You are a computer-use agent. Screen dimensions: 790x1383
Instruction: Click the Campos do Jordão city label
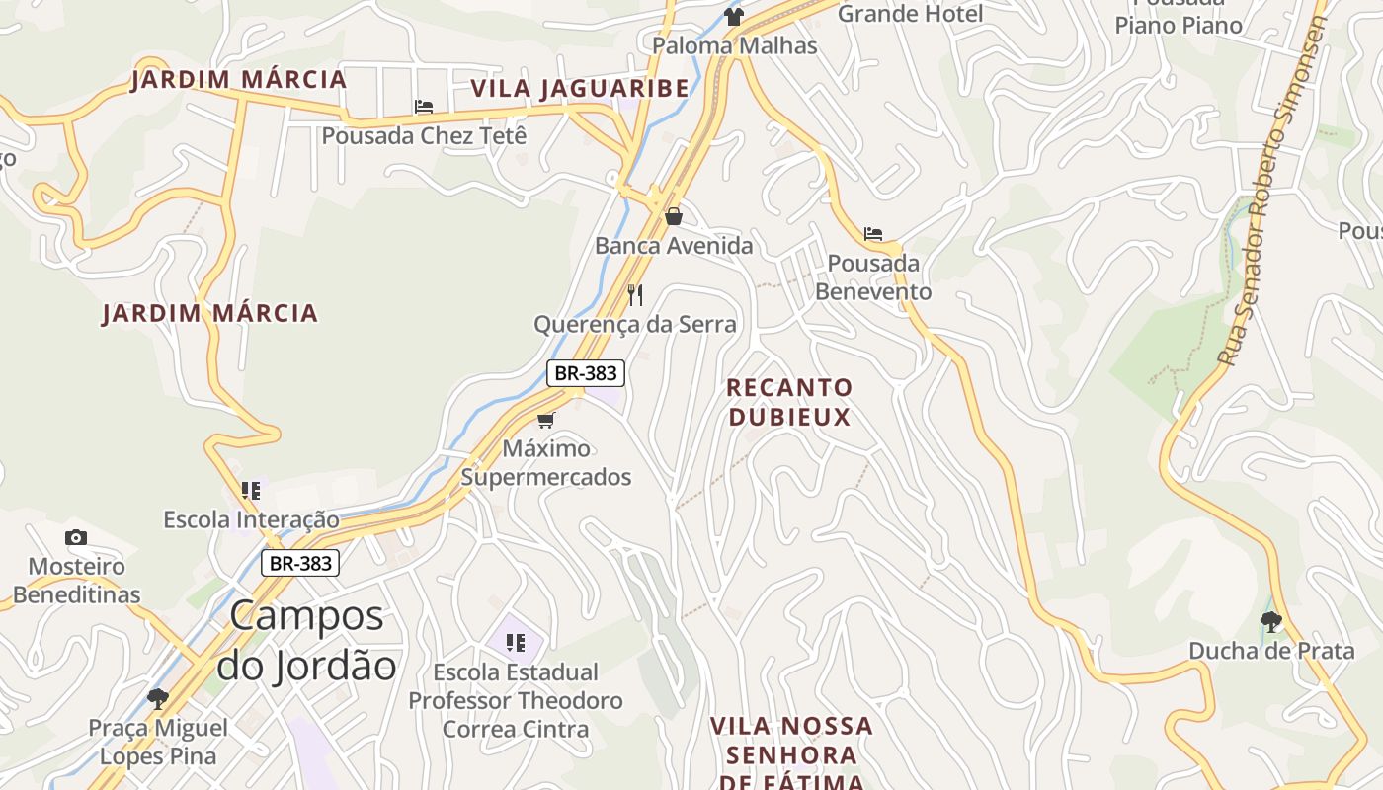click(306, 641)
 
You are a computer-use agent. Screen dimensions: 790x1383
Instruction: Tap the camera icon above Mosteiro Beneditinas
click(76, 538)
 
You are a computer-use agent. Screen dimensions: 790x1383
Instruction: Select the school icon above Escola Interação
click(251, 490)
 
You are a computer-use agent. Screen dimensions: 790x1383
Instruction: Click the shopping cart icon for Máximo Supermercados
click(546, 420)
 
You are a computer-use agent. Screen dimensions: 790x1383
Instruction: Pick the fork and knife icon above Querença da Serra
click(635, 294)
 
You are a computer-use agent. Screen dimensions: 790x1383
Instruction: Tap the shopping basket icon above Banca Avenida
click(674, 216)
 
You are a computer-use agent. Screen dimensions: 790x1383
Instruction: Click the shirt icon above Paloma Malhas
click(733, 16)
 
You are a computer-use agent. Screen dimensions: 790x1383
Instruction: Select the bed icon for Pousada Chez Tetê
click(424, 107)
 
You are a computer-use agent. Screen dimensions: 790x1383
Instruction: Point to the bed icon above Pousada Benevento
click(873, 234)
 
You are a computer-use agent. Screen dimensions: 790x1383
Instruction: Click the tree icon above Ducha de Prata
click(1271, 621)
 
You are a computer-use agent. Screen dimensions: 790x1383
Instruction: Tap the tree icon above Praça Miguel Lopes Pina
click(157, 699)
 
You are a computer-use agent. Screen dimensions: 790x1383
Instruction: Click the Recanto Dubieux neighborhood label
click(789, 402)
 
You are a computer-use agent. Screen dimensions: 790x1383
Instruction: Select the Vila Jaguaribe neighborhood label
click(580, 88)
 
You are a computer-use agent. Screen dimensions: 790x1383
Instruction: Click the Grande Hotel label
click(910, 14)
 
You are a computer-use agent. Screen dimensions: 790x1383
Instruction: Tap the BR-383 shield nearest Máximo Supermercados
click(586, 373)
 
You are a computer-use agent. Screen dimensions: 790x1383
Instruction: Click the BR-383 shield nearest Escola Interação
click(300, 563)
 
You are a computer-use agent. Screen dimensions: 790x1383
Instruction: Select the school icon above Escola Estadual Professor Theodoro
click(515, 643)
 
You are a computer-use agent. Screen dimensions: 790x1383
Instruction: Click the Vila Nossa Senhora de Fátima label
click(791, 754)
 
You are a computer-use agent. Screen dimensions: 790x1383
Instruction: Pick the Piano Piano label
click(1179, 25)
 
